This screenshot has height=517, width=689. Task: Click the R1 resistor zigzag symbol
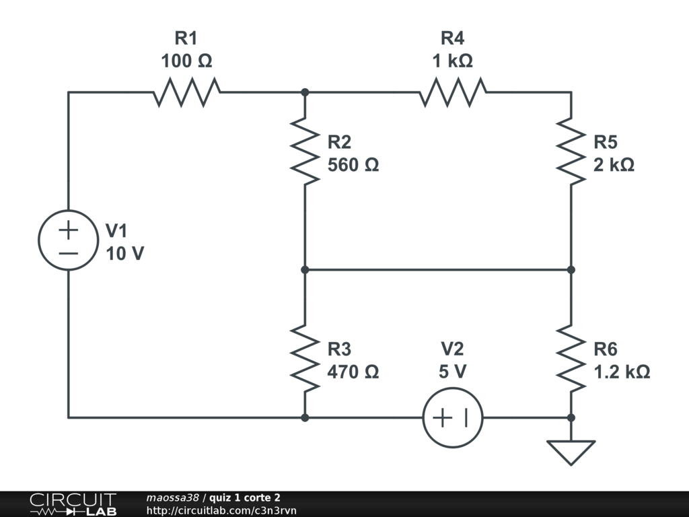point(186,92)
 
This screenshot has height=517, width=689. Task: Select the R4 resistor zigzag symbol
point(453,92)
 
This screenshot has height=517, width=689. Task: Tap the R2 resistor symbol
point(305,151)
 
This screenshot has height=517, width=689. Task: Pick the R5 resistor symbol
point(571,151)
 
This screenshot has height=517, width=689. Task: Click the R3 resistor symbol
point(305,359)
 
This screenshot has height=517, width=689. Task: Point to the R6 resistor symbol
point(571,359)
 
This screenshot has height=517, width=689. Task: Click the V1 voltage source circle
point(68,240)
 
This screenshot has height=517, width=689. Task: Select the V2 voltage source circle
point(453,417)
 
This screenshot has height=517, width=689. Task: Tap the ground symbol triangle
point(571,452)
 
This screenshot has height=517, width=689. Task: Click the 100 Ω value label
point(186,61)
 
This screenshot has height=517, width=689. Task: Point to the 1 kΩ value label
point(453,61)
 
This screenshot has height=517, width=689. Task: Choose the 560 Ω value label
point(353,164)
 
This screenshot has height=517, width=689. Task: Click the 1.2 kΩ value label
point(622,372)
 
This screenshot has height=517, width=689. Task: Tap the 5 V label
point(453,372)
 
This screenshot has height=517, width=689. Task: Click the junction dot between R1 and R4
point(305,92)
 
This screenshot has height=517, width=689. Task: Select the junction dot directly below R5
point(571,270)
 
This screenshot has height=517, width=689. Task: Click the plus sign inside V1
point(68,230)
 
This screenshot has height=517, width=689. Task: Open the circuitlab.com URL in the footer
point(221,510)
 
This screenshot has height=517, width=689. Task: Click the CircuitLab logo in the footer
point(73,504)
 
